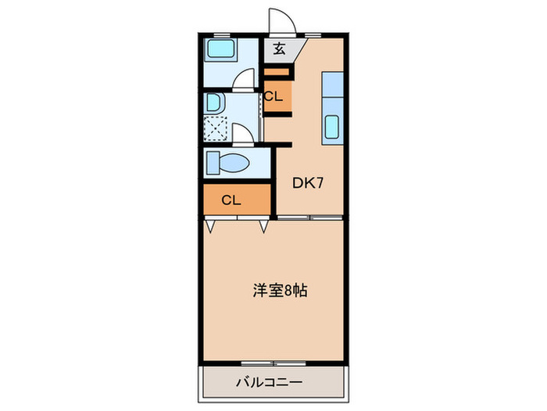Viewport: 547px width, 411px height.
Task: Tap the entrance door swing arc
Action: click(279, 20)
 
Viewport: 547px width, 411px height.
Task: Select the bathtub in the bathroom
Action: click(222, 53)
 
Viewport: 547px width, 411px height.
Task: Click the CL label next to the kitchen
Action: click(273, 96)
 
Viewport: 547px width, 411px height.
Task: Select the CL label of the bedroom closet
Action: click(231, 199)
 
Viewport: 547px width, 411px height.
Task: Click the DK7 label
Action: click(308, 183)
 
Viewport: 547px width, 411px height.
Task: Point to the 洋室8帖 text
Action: click(279, 290)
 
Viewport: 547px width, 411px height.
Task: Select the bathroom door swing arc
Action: click(245, 80)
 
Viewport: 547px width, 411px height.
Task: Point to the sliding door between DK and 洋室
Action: click(310, 216)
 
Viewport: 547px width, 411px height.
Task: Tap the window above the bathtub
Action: click(222, 35)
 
